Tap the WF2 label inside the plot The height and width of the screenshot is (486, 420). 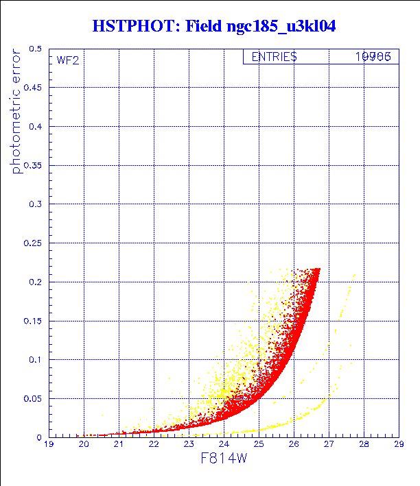[x=68, y=60]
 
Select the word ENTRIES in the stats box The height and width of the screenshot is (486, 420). [x=274, y=58]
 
